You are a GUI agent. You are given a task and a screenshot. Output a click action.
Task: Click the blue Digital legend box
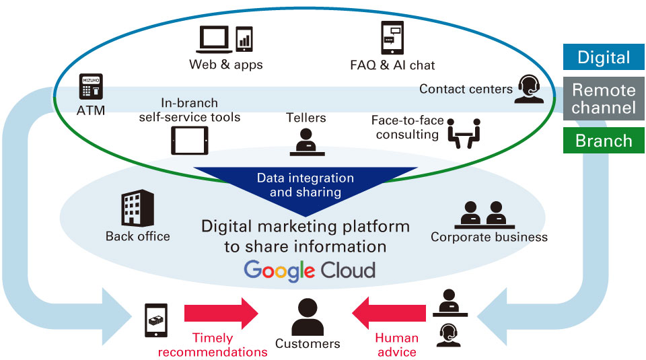[604, 57]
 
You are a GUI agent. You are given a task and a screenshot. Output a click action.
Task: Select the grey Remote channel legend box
[604, 99]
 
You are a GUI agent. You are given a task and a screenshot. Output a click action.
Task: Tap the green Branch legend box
[604, 141]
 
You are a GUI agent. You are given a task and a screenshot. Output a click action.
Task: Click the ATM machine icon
[91, 87]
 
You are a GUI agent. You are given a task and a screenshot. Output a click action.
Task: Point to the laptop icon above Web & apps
[213, 40]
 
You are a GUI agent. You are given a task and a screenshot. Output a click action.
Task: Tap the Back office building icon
[137, 208]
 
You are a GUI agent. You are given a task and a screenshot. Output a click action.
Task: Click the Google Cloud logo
[309, 271]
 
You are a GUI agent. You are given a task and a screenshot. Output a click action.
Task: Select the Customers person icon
[308, 317]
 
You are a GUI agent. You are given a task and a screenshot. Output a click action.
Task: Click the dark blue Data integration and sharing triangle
[306, 185]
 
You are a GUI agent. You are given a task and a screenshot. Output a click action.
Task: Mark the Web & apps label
[225, 65]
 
